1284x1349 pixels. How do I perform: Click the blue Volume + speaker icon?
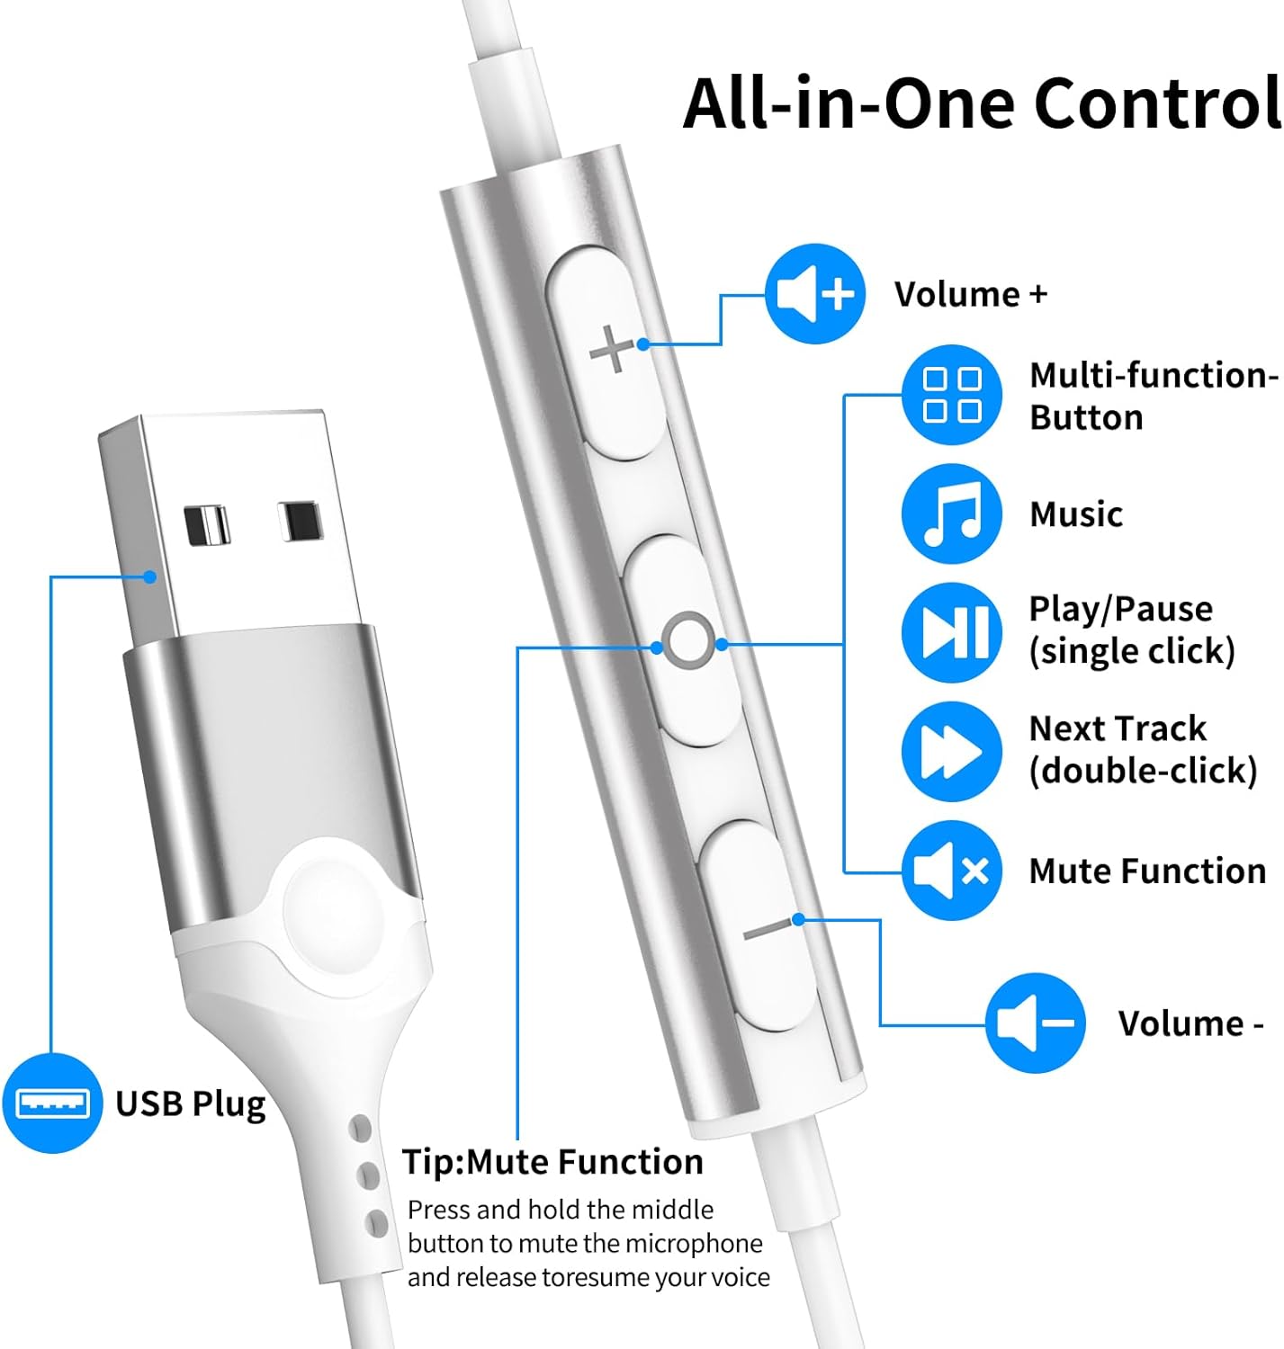click(814, 294)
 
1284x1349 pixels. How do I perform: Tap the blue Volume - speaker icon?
click(1035, 1023)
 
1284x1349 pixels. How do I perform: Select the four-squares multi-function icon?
click(952, 395)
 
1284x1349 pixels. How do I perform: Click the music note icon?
click(952, 514)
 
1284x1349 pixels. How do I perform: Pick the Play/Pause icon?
click(952, 632)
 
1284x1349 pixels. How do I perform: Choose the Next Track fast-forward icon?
click(952, 752)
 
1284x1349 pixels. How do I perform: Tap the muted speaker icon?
click(952, 871)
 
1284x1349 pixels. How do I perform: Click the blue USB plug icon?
click(52, 1103)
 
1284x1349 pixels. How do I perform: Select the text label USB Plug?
click(191, 1104)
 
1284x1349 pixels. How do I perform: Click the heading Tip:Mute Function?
click(552, 1162)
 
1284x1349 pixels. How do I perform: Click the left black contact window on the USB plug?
click(206, 525)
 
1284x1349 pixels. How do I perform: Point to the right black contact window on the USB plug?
click(300, 521)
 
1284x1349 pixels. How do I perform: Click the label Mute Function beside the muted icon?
click(1147, 871)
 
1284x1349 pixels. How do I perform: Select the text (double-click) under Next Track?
click(1143, 771)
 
